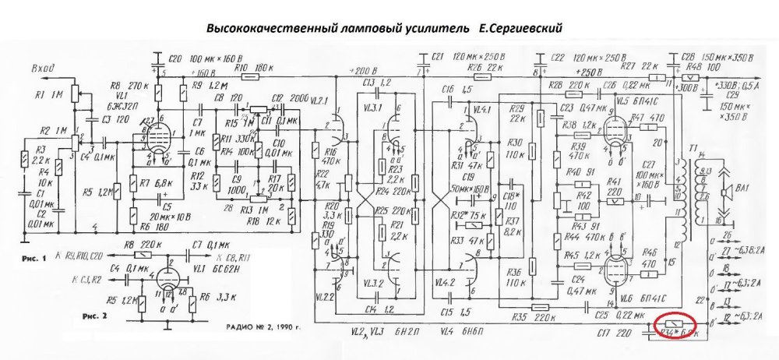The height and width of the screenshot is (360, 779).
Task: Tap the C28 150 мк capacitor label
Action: (701, 58)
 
